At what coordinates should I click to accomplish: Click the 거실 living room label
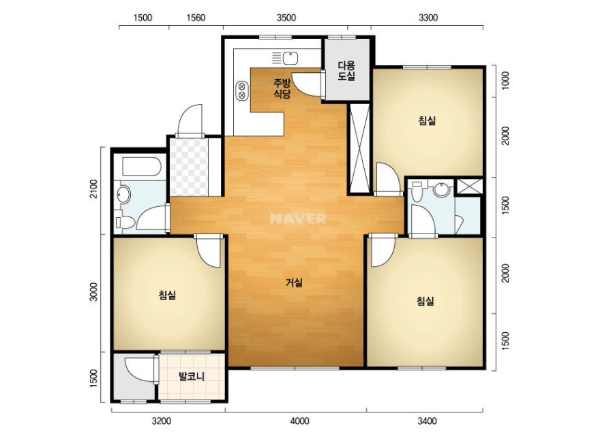pyautogui.click(x=294, y=282)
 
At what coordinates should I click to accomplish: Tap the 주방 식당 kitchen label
pyautogui.click(x=282, y=88)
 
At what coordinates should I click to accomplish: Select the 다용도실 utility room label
pyautogui.click(x=346, y=71)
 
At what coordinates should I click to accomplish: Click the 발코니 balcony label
pyautogui.click(x=192, y=376)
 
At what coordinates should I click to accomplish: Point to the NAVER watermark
pyautogui.click(x=298, y=218)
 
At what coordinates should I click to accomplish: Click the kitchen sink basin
pyautogui.click(x=290, y=59)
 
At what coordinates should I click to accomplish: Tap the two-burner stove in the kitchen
pyautogui.click(x=242, y=91)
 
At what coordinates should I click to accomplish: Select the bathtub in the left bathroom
pyautogui.click(x=142, y=166)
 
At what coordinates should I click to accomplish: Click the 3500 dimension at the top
pyautogui.click(x=286, y=18)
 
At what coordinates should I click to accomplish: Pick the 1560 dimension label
pyautogui.click(x=196, y=18)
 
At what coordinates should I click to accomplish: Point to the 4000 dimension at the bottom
pyautogui.click(x=299, y=421)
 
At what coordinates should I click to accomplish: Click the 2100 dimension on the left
pyautogui.click(x=93, y=189)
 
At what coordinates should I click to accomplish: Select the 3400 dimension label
pyautogui.click(x=427, y=421)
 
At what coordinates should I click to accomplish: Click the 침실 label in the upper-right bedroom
pyautogui.click(x=427, y=120)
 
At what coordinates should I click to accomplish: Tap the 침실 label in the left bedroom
pyautogui.click(x=167, y=295)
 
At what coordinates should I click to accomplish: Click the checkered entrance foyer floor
pyautogui.click(x=189, y=167)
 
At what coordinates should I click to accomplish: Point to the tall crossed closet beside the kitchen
pyautogui.click(x=359, y=148)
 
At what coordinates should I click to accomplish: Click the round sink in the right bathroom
pyautogui.click(x=442, y=189)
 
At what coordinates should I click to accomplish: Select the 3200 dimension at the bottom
pyautogui.click(x=162, y=421)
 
